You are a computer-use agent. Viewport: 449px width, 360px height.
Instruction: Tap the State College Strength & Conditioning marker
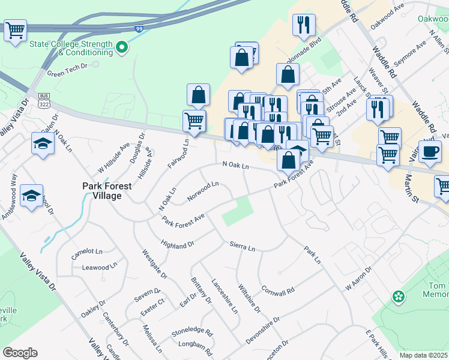(122, 46)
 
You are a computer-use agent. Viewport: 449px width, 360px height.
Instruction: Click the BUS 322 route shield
(44, 100)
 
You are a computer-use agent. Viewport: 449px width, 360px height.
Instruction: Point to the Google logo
(20, 353)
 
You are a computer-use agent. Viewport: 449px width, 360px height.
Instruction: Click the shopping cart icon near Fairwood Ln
(194, 120)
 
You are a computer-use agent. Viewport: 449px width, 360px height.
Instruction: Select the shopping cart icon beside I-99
(15, 29)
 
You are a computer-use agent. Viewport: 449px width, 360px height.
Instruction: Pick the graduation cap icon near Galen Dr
(43, 143)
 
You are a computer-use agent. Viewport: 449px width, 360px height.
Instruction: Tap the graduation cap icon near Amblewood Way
(31, 196)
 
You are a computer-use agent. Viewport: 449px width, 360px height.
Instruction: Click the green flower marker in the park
(397, 296)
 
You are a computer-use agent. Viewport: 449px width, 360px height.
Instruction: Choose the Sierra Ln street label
(243, 247)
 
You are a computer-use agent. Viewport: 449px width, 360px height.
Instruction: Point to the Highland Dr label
(178, 244)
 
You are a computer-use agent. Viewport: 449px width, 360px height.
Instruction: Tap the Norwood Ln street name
(203, 191)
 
